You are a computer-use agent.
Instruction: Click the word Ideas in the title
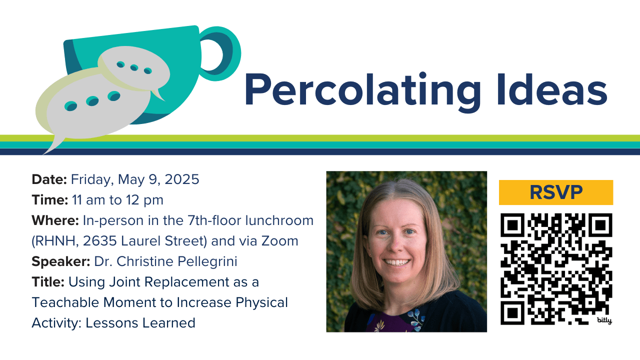[x=552, y=89]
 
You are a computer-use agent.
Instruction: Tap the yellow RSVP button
[x=556, y=192]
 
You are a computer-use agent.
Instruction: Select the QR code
[x=556, y=269]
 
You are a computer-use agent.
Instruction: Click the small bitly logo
[x=604, y=320]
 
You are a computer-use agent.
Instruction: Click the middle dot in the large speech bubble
[x=92, y=101]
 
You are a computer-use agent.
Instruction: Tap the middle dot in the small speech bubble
[x=134, y=67]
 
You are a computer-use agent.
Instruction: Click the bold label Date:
[x=49, y=179]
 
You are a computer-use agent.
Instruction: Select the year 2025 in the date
[x=181, y=179]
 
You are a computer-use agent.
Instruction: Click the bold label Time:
[x=49, y=199]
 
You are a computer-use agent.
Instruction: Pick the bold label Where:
[x=55, y=220]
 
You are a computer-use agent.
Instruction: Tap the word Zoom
[x=279, y=241]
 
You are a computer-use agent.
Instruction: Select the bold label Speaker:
[x=61, y=261]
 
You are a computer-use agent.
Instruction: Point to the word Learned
[x=168, y=323]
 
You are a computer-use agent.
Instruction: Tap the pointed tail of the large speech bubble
[x=45, y=152]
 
